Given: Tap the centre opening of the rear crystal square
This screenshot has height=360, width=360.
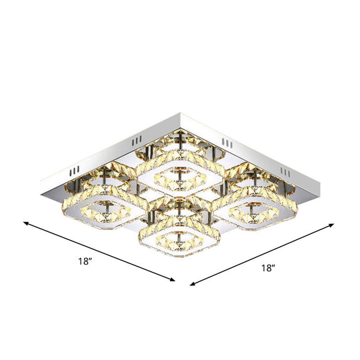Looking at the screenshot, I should pyautogui.click(x=175, y=173).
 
